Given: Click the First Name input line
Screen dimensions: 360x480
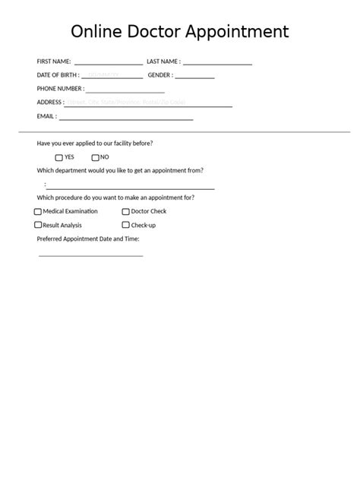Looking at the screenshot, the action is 108,62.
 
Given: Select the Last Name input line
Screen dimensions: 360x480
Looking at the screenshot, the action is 217,62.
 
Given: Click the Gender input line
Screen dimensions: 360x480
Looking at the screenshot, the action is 194,75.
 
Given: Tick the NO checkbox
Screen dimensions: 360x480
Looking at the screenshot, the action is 95,158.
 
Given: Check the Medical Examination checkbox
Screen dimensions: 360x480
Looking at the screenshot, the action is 38,212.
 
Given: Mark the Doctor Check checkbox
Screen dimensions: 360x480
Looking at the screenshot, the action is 126,212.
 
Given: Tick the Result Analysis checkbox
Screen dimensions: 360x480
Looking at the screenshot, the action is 38,226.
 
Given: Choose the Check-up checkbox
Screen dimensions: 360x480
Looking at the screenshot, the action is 126,226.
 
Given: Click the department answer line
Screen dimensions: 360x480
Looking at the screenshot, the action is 130,185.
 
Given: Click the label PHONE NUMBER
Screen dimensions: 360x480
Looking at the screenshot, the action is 60,89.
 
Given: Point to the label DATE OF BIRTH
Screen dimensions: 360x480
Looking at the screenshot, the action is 58,75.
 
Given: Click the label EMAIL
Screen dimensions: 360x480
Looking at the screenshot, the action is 46,116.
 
